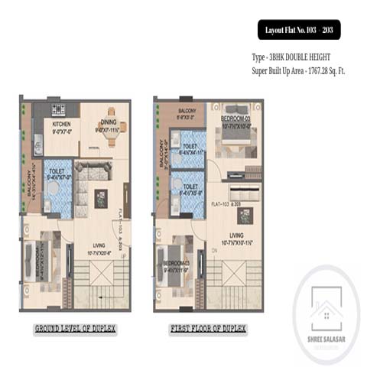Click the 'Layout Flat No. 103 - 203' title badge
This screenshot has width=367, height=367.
298,30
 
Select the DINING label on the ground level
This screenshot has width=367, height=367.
107,124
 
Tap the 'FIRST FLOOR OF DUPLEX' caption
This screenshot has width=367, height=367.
208,330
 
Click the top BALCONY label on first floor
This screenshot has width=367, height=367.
186,114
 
